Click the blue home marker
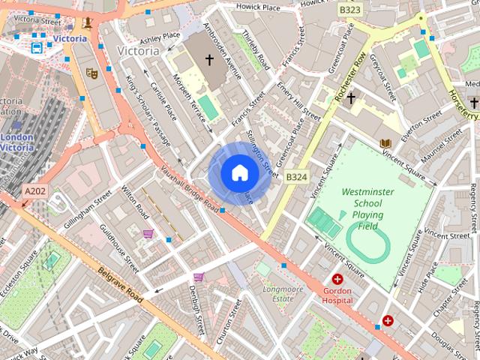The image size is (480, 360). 239,173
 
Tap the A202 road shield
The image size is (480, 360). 34,192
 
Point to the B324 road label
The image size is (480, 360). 297,177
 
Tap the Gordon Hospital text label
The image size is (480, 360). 337,295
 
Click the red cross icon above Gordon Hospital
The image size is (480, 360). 337,279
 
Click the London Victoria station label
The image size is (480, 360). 17,142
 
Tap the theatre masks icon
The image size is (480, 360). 92,73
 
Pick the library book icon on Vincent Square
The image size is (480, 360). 385,143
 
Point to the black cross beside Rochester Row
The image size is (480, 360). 350,97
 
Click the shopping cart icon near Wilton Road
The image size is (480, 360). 148,234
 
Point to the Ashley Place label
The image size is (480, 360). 160,36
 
